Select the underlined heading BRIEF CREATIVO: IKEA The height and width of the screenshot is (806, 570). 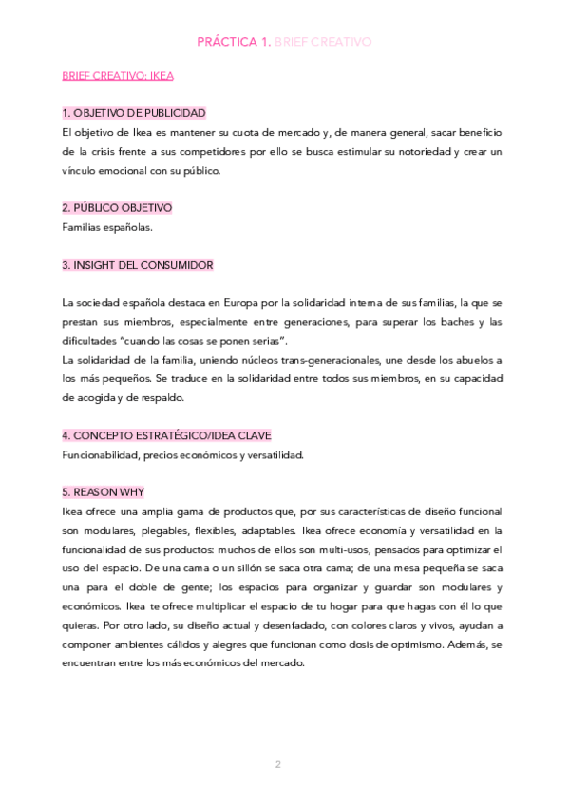pyautogui.click(x=118, y=75)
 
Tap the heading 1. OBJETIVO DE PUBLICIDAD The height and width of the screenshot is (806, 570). pyautogui.click(x=133, y=113)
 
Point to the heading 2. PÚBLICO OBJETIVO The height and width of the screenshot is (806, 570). pyautogui.click(x=117, y=208)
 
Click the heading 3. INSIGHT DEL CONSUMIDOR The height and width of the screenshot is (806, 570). pyautogui.click(x=137, y=265)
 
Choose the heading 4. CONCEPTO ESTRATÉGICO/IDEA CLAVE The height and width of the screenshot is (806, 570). pyautogui.click(x=166, y=435)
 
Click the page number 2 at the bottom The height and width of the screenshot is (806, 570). pyautogui.click(x=278, y=764)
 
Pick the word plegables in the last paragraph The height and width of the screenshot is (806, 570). pyautogui.click(x=167, y=530)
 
